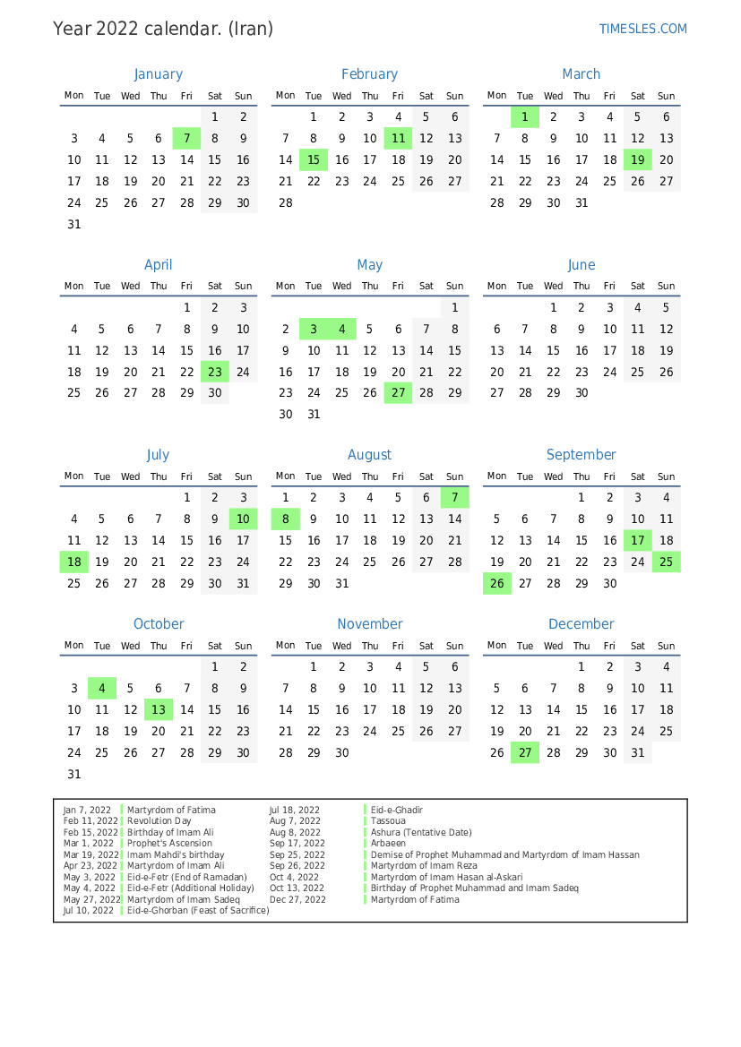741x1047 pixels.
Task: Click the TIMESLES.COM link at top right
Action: click(642, 29)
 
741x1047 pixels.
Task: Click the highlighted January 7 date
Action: click(186, 139)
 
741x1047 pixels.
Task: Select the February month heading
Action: click(369, 74)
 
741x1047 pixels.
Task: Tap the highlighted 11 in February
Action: click(398, 139)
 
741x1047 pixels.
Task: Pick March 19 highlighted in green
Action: click(638, 160)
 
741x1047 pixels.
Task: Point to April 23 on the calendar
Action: click(215, 372)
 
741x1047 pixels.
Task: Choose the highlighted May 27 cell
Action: click(398, 393)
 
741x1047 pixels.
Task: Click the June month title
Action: click(581, 265)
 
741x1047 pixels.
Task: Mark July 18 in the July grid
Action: click(74, 562)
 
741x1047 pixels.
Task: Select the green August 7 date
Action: click(455, 498)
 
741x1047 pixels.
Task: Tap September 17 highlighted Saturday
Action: click(638, 541)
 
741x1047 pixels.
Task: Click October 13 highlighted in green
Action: click(159, 710)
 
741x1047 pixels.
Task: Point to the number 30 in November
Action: click(341, 753)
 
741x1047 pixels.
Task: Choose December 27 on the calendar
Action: click(525, 753)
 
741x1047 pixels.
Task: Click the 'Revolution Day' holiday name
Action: click(159, 821)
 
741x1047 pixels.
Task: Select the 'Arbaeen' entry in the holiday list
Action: click(388, 844)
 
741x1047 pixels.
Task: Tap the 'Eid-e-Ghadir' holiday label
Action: click(396, 811)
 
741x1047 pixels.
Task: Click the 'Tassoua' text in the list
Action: click(388, 821)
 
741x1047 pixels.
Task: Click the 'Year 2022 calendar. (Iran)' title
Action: click(163, 29)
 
